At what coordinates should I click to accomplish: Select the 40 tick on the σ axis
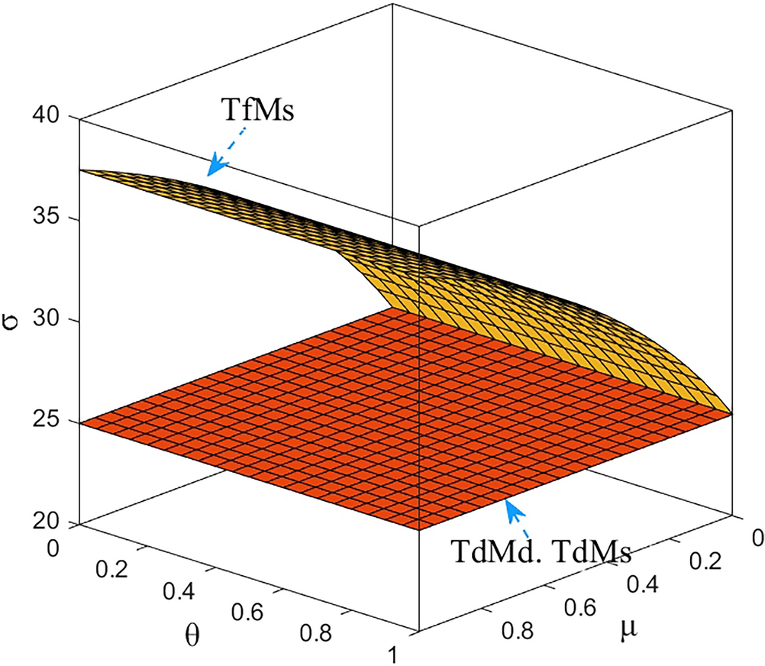click(51, 118)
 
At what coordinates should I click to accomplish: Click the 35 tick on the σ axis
click(51, 219)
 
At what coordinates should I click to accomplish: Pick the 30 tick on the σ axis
click(51, 321)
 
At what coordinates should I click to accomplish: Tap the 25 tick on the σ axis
click(51, 422)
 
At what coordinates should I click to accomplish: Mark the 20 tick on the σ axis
click(51, 524)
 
